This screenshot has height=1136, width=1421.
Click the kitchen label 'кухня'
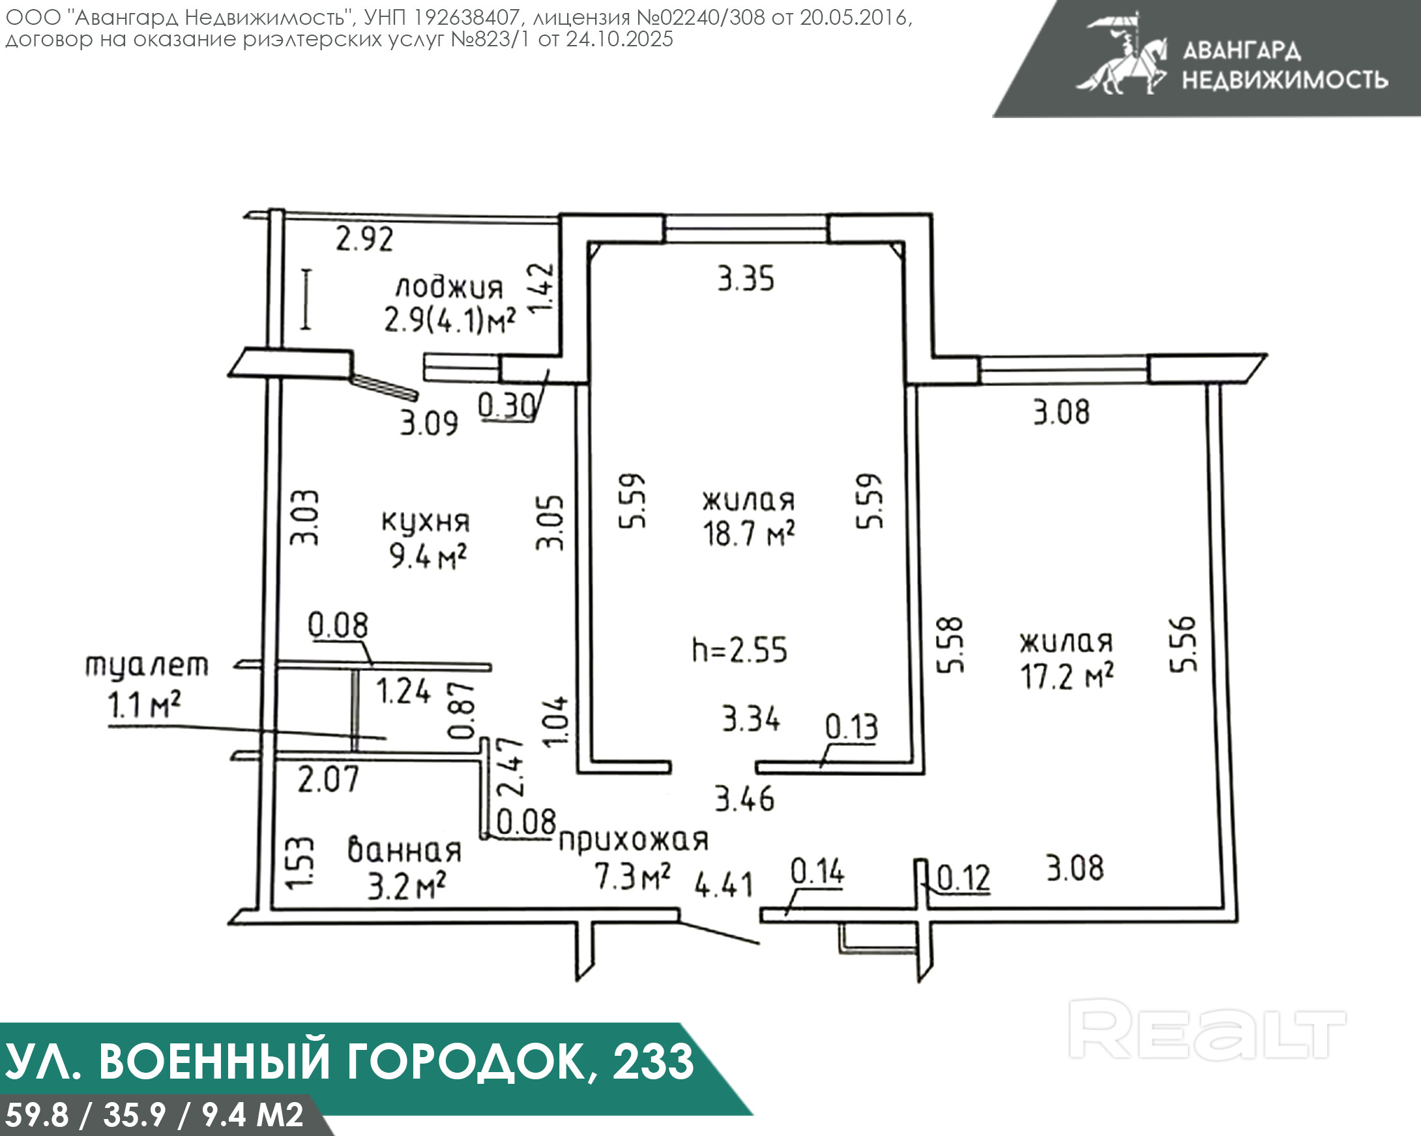pos(426,522)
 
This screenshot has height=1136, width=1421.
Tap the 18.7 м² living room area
pos(748,533)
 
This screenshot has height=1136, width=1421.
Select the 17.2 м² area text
pos(1067,676)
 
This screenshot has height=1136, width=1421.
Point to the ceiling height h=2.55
pos(739,650)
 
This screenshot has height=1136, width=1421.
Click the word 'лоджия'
pos(449,288)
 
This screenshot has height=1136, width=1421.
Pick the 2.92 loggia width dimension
pos(364,239)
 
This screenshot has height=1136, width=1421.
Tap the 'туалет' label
pos(146,666)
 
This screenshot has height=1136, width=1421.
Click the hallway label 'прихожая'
pos(634,840)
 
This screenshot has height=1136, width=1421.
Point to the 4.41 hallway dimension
pos(724,884)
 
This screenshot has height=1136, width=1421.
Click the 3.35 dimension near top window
pos(746,278)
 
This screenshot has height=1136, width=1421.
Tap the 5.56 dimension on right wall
pos(1183,644)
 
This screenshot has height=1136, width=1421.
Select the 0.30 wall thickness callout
pos(506,406)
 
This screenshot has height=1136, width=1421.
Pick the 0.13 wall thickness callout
pos(851,727)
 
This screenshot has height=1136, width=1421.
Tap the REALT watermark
pos(1206,1029)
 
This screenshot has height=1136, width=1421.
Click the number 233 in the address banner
pos(653,1062)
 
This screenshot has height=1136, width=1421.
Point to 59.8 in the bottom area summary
pos(37,1115)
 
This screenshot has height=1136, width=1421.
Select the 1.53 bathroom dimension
pos(300,863)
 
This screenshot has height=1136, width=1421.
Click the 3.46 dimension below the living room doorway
pos(745,799)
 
